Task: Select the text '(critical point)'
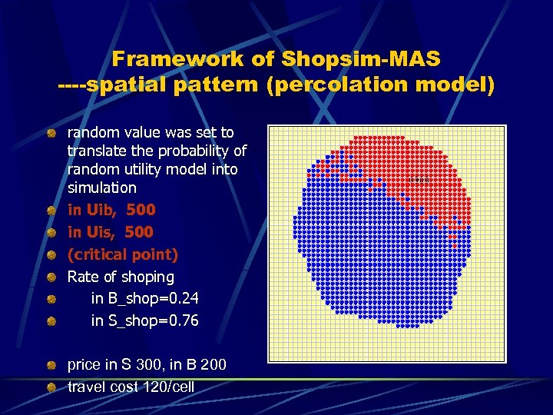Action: [x=123, y=254]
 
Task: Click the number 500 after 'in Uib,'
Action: [x=141, y=210]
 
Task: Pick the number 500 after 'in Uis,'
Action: [x=139, y=232]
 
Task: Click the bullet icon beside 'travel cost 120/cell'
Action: [x=51, y=387]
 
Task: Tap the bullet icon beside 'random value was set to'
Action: [x=51, y=134]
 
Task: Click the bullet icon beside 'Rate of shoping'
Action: [x=51, y=277]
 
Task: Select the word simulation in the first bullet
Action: [x=102, y=188]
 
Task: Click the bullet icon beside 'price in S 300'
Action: [x=51, y=364]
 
